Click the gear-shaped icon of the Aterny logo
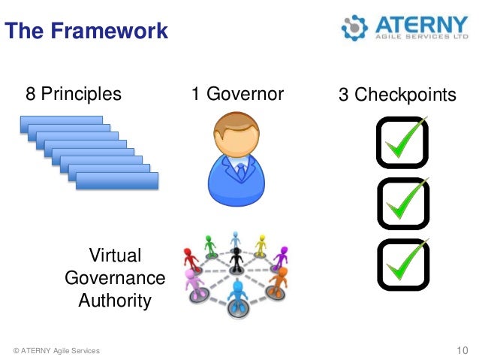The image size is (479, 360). tap(354, 27)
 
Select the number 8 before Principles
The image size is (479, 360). tap(30, 94)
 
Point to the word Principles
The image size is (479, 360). tap(80, 94)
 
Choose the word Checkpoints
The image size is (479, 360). tap(405, 95)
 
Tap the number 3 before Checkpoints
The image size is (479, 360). tap(343, 95)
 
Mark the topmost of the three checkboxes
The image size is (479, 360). tap(402, 141)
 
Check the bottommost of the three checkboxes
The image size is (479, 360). tap(402, 264)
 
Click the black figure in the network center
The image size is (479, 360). tap(237, 259)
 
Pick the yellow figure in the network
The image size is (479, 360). tap(261, 245)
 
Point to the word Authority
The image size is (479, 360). tap(115, 301)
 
